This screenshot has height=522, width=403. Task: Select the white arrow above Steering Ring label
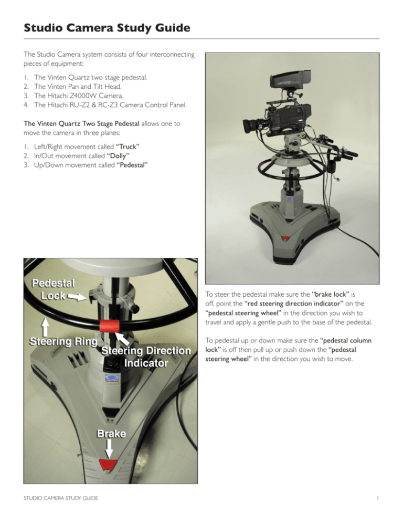point(46,320)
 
